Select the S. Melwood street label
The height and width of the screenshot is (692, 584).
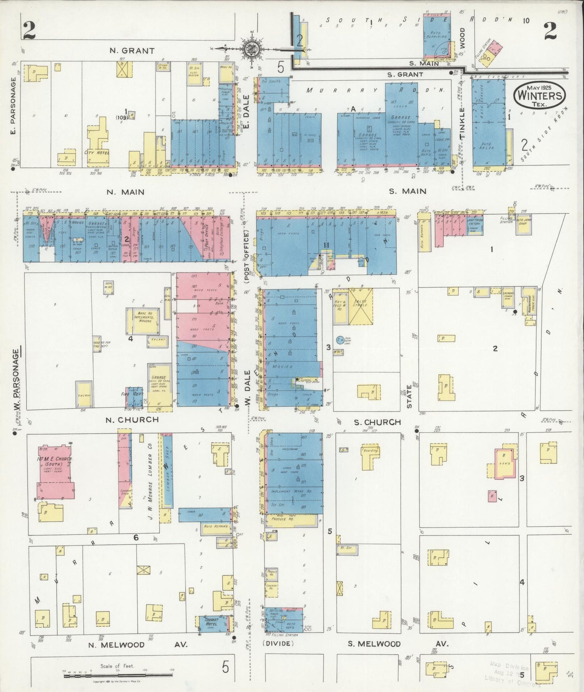[374, 644]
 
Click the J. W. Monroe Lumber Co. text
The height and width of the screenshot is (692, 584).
[149, 486]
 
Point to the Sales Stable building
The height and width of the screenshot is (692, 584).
[360, 306]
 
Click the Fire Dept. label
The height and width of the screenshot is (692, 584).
[128, 393]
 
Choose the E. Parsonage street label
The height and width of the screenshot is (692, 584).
[13, 106]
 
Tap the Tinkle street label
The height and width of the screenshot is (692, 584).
[462, 124]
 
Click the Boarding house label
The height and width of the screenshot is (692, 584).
[370, 451]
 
